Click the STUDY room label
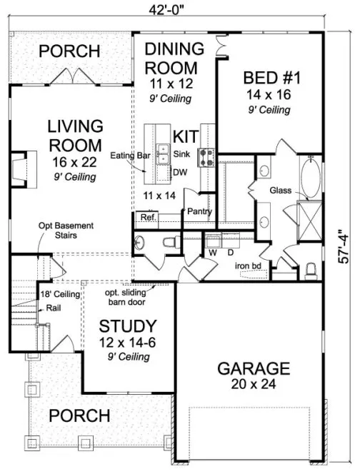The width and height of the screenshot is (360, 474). (x=128, y=327)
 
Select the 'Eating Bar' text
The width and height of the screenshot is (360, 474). (x=128, y=154)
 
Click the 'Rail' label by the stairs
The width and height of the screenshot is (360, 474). (x=52, y=308)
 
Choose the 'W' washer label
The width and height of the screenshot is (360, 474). (x=213, y=251)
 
